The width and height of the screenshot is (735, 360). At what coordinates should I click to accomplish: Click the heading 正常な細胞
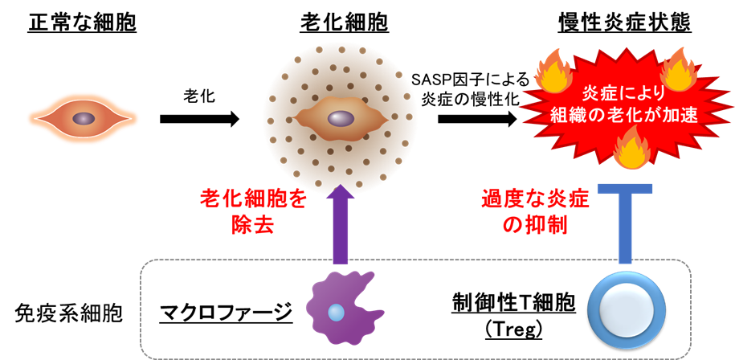pos(82,24)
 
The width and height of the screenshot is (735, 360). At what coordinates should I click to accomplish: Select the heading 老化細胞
pos(344,24)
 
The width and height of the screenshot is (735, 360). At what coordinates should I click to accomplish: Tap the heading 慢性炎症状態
pos(625,24)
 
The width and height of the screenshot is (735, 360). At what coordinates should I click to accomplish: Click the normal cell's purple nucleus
pos(84,118)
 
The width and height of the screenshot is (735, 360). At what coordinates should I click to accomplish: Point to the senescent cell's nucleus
pos(341,118)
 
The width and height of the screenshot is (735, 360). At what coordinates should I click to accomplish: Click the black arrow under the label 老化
pos(200,119)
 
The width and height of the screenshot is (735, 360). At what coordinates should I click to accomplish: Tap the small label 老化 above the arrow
pos(199,96)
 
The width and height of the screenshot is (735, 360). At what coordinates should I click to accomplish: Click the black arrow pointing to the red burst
pos(477,119)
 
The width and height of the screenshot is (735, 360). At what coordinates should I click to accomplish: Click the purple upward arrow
pos(341,224)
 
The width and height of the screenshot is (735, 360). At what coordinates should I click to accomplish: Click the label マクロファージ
pos(227,313)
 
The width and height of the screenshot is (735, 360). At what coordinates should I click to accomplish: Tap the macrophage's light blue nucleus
pos(335,312)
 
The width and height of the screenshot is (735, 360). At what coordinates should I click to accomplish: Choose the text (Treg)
pos(513,329)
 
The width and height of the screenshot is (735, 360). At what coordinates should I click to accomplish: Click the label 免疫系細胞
pos(68,313)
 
